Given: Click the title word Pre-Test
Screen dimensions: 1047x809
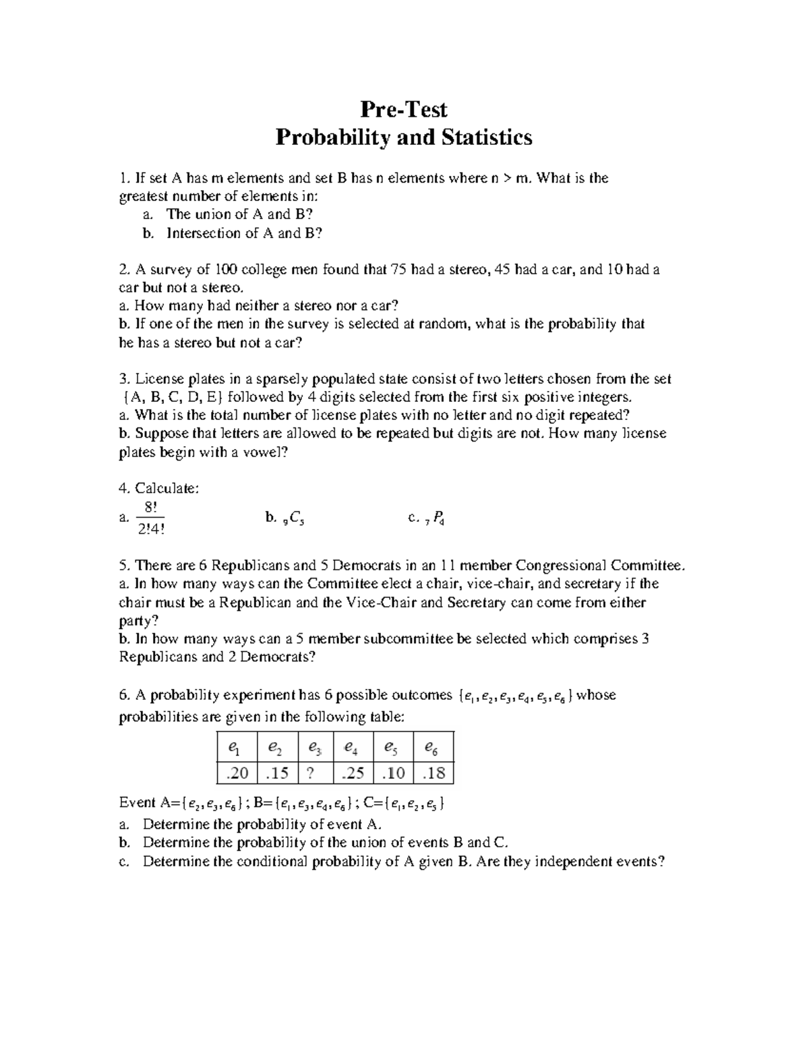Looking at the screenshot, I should pos(404,109).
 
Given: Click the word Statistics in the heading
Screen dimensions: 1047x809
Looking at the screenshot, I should pos(487,138).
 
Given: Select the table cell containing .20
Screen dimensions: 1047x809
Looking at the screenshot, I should pos(237,773).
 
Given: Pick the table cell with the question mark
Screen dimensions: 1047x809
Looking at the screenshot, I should pos(310,773).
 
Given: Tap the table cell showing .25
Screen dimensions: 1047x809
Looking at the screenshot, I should pos(353,773).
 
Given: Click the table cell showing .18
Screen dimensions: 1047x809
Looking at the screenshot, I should pos(433,773).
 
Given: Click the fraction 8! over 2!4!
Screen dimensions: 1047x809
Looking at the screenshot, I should pos(150,518).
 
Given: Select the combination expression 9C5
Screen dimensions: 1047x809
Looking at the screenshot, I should pos(293,518).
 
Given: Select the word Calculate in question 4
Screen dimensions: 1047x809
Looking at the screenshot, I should pos(167,488).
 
